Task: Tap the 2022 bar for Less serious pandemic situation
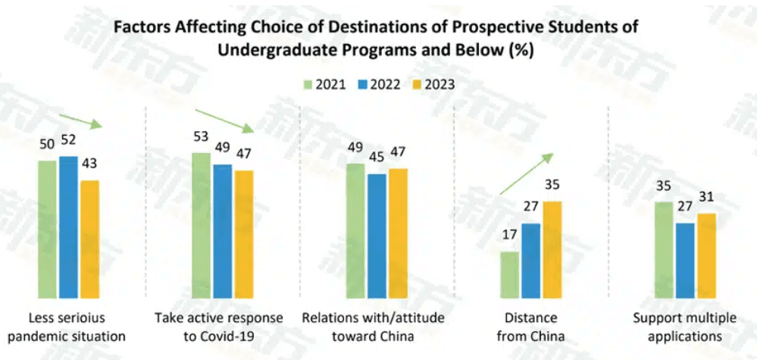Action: pos(68,227)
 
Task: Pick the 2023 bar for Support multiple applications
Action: pos(706,255)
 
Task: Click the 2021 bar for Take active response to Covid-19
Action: pos(201,225)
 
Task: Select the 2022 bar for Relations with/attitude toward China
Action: pos(377,236)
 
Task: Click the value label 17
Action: pos(509,235)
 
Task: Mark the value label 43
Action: pos(90,164)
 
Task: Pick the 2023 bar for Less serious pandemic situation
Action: pos(89,239)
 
